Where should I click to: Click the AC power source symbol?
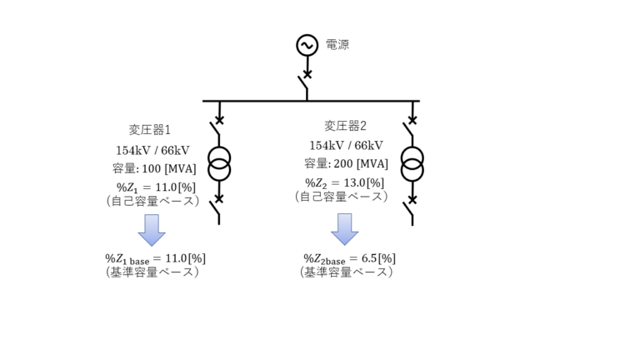coord(307,45)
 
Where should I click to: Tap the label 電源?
coord(337,44)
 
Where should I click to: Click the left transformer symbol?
coord(219,162)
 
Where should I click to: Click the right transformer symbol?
coord(412,162)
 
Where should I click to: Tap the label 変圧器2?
coord(345,126)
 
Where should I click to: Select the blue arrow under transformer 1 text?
coord(152,229)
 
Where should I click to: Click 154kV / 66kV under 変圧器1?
coord(152,151)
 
